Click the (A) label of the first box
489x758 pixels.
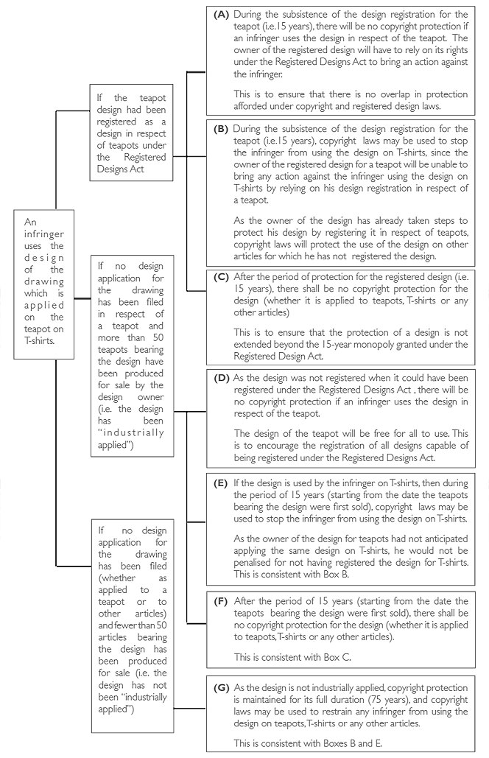point(221,14)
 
